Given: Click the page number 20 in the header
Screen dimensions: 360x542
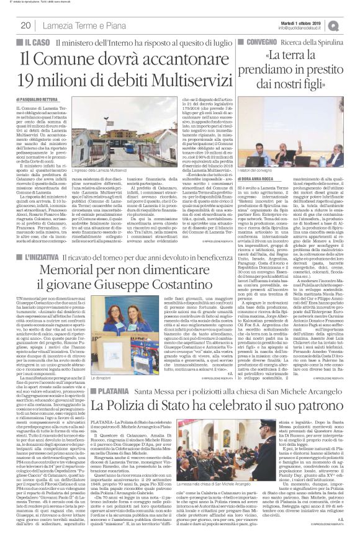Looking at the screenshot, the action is tap(25, 25).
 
